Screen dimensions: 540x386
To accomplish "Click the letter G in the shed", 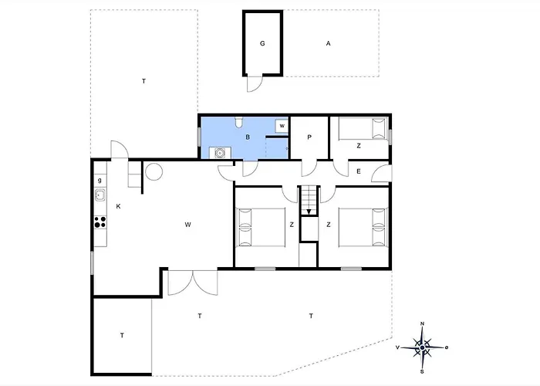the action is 262,43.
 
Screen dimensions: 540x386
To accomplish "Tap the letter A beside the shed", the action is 328,43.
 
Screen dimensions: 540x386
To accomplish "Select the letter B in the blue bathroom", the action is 248,137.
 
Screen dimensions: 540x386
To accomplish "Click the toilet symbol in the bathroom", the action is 239,122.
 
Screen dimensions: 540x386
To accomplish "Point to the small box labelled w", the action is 282,126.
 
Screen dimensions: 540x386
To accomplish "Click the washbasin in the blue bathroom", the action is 220,152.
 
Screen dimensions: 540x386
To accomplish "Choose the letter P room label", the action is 309,137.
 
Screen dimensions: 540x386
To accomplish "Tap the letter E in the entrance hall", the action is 359,171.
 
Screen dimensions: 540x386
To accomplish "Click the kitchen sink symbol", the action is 100,195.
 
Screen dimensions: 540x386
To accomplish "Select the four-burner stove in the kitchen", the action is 100,222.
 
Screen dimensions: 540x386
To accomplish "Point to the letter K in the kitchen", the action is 118,206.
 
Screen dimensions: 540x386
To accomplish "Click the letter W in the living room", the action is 187,225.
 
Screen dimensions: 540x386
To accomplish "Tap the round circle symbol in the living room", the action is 154,171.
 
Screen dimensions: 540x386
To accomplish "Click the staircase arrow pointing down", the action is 309,212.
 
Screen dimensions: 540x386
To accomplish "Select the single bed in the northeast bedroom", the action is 363,129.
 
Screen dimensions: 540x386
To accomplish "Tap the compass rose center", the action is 422,347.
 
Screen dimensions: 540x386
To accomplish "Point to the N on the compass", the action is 423,323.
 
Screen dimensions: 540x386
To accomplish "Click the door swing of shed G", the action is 255,83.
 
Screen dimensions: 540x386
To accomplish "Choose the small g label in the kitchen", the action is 100,180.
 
